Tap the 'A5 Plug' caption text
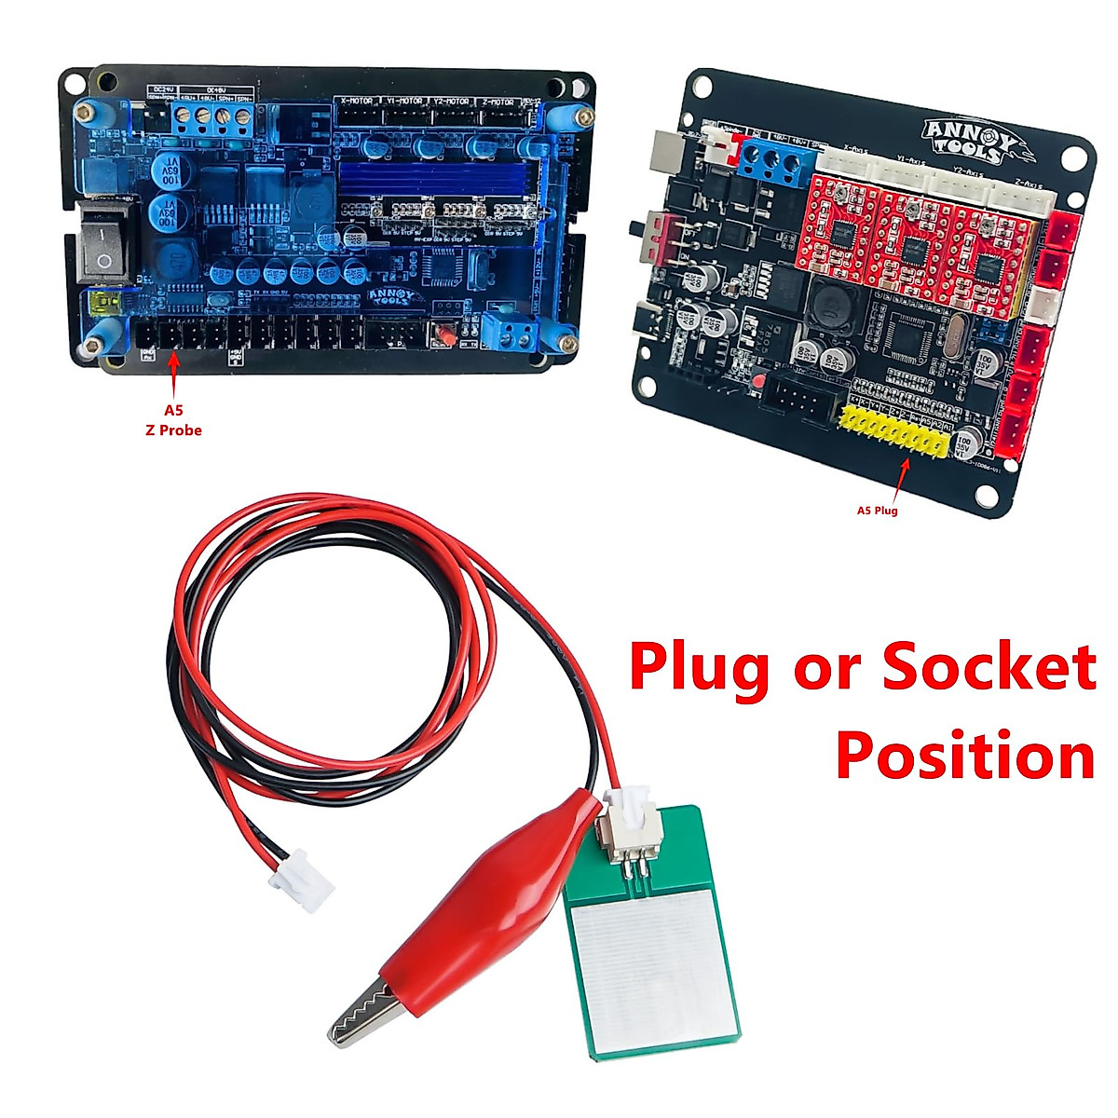(x=877, y=510)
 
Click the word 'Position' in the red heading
(x=964, y=755)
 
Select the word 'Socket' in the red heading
(x=988, y=667)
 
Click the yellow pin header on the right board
(x=894, y=431)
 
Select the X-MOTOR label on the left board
(x=357, y=101)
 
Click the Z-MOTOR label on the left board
(x=498, y=101)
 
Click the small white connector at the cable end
(x=301, y=880)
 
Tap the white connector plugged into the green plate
(x=625, y=817)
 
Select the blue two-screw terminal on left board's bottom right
(x=508, y=328)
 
